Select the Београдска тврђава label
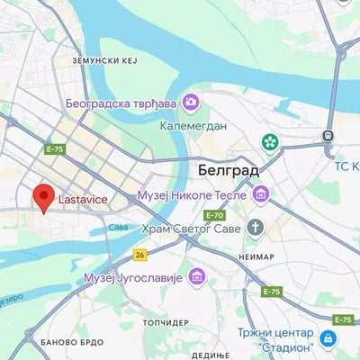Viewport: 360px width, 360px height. [x=120, y=103]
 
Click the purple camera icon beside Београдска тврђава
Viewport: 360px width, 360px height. [x=190, y=103]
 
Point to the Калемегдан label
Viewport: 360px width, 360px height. [x=193, y=126]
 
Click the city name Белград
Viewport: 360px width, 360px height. [x=228, y=169]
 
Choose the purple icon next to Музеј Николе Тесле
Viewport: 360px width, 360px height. [x=260, y=193]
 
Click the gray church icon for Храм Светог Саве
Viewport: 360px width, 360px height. [x=256, y=227]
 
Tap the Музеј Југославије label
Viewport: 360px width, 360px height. [x=133, y=276]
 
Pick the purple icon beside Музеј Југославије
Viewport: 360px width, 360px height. [x=197, y=276]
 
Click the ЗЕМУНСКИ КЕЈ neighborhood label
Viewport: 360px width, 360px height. [x=104, y=60]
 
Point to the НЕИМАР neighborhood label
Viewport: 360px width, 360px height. [x=257, y=256]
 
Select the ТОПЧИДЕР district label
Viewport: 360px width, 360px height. [x=166, y=321]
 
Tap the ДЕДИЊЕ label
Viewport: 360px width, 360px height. [x=211, y=355]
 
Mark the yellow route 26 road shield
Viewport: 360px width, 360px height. [x=139, y=255]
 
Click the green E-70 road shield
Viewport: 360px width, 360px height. [x=214, y=215]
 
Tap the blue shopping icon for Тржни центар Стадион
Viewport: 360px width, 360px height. [x=328, y=339]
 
